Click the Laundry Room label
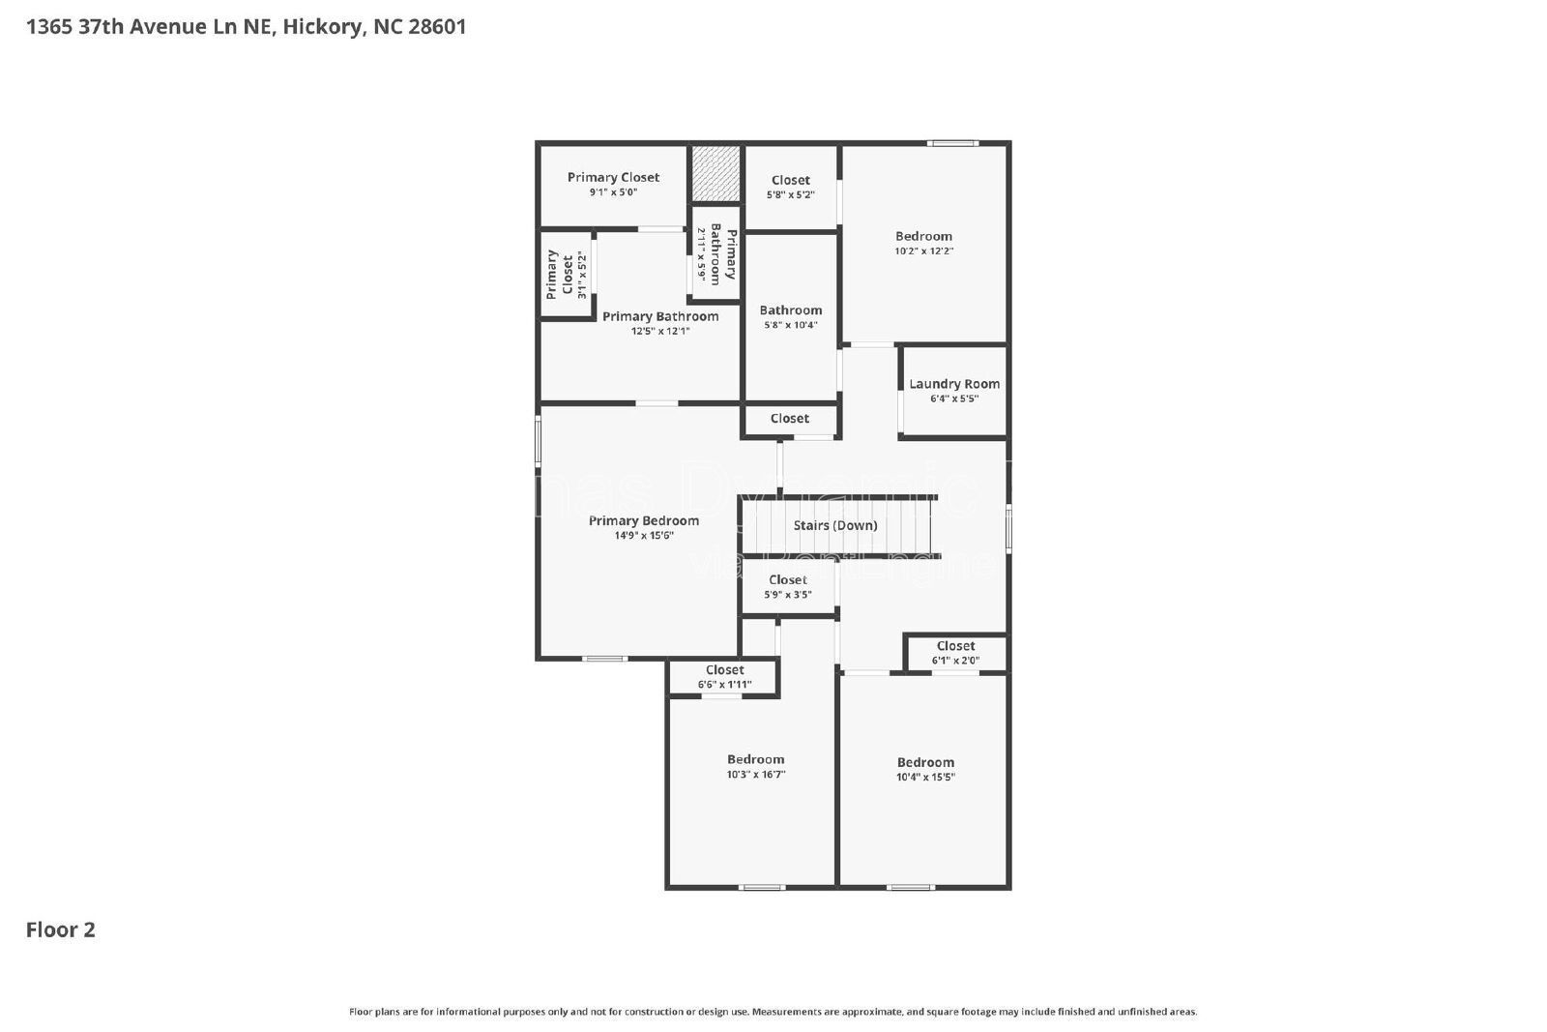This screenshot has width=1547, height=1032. [953, 384]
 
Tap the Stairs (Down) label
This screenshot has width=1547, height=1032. [835, 525]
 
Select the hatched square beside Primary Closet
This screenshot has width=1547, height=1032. [715, 173]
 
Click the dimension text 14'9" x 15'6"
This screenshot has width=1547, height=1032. [643, 535]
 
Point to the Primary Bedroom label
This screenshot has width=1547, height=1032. [643, 520]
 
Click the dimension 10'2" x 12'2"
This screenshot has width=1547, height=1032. [923, 251]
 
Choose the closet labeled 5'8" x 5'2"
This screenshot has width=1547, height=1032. [790, 187]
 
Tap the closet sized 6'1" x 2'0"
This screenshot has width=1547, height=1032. [955, 653]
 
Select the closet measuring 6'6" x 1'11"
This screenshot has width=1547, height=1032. [724, 677]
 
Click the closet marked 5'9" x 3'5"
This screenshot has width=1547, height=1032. [787, 587]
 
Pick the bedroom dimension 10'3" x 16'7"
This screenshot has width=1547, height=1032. [755, 775]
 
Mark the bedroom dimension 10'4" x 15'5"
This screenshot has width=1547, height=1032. [925, 777]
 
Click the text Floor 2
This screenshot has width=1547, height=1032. [60, 929]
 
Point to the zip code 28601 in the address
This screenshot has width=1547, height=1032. [437, 27]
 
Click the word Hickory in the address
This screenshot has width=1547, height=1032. [323, 27]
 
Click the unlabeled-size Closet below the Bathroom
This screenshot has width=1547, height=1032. [789, 419]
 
